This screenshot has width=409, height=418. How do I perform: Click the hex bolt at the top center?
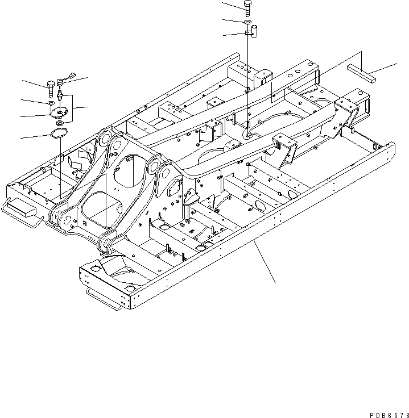[x=248, y=6]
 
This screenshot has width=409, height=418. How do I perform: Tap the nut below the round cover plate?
[x=59, y=123]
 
